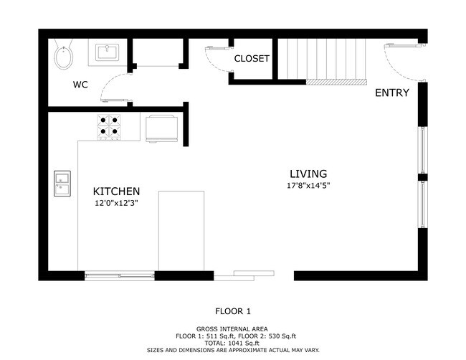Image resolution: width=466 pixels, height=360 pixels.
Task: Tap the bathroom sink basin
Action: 107,52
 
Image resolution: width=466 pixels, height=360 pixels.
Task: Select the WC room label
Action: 80,85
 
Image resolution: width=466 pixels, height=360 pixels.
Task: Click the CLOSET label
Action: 252,59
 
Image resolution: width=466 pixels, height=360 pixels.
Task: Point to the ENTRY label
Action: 392,93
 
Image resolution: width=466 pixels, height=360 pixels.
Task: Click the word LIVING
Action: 308,174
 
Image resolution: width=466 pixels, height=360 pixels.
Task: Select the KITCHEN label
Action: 116,191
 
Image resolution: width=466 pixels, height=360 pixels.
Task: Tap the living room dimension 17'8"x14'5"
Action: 308,186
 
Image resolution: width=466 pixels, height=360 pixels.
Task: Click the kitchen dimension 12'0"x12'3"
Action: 116,204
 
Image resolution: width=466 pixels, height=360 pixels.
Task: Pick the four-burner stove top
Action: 109,127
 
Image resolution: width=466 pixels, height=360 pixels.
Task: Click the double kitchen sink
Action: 62,184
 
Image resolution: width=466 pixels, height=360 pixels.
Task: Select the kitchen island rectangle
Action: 181,231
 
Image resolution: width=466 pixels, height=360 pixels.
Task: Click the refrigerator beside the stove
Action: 162,128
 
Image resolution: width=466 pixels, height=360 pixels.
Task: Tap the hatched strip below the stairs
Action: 336,82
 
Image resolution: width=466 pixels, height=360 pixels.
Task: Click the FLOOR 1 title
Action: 233,311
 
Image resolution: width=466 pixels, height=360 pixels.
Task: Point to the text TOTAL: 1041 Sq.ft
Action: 232,343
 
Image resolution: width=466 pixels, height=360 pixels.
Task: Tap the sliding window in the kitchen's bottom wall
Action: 120,276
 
